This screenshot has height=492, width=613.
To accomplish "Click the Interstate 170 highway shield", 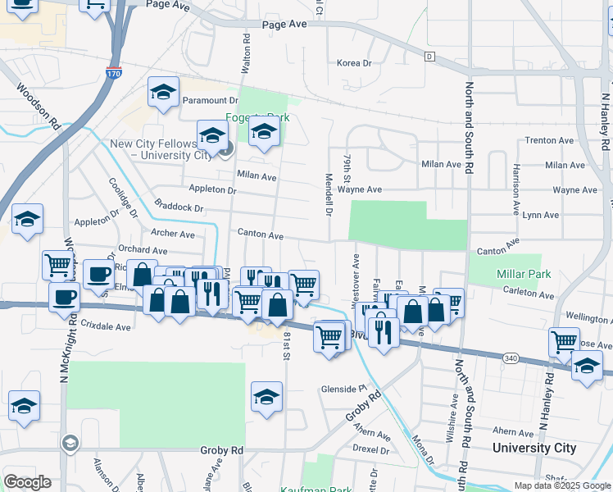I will tap(114, 74).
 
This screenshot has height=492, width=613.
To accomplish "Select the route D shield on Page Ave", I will tap(429, 56).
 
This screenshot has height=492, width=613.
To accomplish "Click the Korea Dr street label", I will tap(355, 63).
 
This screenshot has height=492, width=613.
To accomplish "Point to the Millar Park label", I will tap(524, 274).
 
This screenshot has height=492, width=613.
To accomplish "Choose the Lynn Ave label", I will tap(541, 215).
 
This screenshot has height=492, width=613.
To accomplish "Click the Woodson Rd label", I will tap(39, 107).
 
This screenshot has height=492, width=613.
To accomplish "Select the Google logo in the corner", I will tap(27, 482).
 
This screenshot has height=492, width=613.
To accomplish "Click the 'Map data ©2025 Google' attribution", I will tap(561, 485).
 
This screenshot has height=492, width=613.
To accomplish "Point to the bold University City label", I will tap(534, 448).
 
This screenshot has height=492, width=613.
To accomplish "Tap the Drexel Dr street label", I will tap(371, 450).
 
